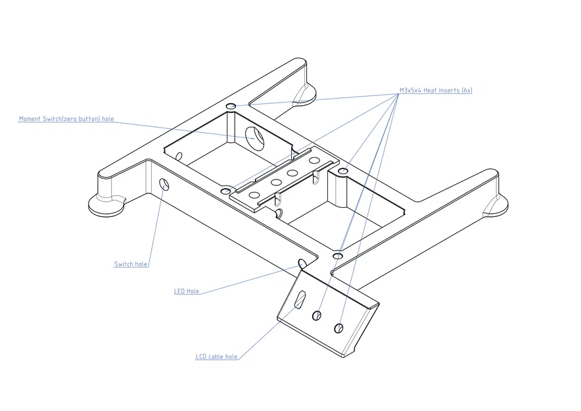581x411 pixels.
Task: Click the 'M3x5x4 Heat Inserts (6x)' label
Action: click(x=436, y=91)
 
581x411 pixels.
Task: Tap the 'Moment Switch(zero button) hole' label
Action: click(x=66, y=119)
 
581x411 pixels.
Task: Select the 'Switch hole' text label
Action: click(x=131, y=264)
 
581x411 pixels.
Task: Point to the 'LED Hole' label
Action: click(x=187, y=291)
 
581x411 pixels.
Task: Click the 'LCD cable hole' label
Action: click(x=216, y=357)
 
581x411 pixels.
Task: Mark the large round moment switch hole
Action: click(x=254, y=138)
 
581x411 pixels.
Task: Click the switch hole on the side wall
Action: click(x=164, y=184)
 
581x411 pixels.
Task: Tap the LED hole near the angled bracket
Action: click(x=303, y=264)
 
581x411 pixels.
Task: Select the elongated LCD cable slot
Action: click(x=300, y=299)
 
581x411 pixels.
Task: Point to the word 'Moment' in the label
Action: click(x=30, y=119)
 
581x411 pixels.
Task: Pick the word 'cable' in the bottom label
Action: click(x=216, y=357)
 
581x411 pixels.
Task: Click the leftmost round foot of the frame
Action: click(x=106, y=205)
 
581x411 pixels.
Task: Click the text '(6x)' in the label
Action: click(x=467, y=91)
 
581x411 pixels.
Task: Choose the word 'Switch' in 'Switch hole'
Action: click(x=124, y=264)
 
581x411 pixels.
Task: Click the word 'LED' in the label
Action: click(x=179, y=291)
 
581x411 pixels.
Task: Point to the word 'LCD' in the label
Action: click(x=201, y=357)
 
